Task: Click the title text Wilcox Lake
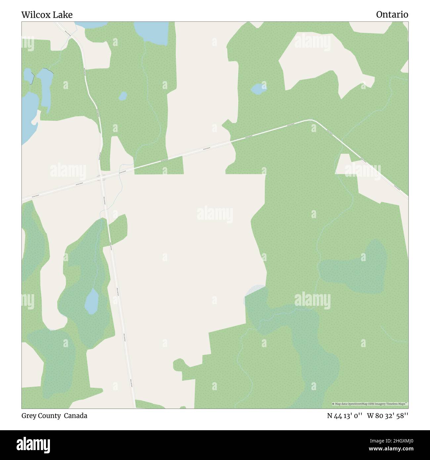point(47,15)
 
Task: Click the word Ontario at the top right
point(392,15)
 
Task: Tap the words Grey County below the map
point(41,416)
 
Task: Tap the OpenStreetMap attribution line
point(369,404)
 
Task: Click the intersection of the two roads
point(102,177)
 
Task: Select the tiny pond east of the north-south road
point(123,96)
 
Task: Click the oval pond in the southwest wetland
point(92,301)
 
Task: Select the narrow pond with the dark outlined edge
point(29,76)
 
